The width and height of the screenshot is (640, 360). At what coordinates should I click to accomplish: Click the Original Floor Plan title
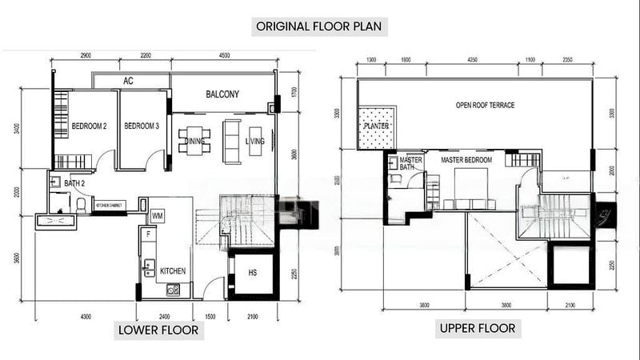tap(321, 26)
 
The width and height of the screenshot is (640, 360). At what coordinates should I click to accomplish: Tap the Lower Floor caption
tap(159, 331)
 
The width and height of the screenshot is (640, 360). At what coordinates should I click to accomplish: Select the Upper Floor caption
tap(477, 328)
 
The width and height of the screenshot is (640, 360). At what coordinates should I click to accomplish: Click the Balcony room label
tap(222, 94)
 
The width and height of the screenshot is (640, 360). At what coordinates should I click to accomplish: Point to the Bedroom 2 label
tap(90, 126)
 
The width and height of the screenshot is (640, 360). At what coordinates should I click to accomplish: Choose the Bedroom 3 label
tap(142, 126)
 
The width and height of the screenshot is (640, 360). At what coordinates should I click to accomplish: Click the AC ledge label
tap(128, 82)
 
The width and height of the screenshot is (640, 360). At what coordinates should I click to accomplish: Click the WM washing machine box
tap(158, 216)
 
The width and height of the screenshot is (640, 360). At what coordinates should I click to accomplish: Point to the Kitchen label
tap(173, 271)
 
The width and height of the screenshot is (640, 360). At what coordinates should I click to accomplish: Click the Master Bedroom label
tap(467, 161)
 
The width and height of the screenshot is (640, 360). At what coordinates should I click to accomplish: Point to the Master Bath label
tap(410, 163)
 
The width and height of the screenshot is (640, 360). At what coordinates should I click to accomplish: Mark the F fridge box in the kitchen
tap(149, 235)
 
